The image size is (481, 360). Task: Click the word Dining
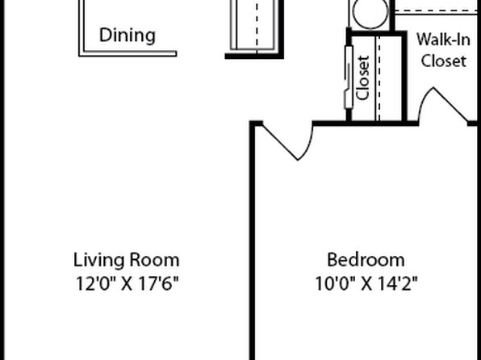[x=128, y=36]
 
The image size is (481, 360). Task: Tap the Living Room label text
[x=127, y=260]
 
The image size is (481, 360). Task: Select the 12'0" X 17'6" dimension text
[x=127, y=283]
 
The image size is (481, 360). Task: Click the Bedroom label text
[x=366, y=260]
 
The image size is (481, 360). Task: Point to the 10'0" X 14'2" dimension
[x=366, y=283]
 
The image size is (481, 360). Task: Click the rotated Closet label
[x=362, y=78]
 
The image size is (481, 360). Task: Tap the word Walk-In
[x=443, y=40]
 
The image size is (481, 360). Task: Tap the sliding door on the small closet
[x=349, y=77]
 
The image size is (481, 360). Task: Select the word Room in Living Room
[x=154, y=260]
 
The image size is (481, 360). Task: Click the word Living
[x=99, y=260]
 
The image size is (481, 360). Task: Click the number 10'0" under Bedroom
[x=335, y=283]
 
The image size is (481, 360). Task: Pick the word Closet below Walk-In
[x=444, y=61]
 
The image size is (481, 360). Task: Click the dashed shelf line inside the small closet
[x=379, y=78]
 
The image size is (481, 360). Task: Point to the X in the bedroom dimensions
[x=366, y=284]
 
